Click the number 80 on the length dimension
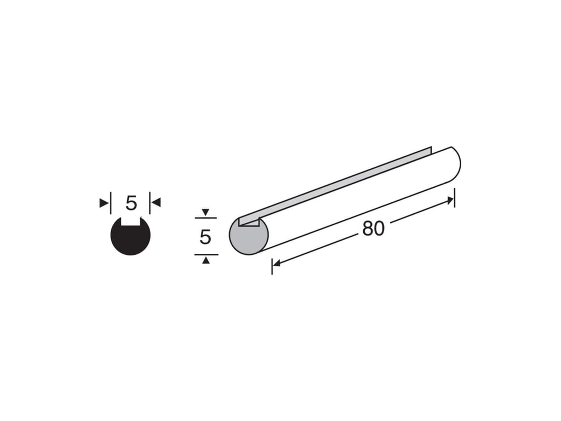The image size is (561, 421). point(373,229)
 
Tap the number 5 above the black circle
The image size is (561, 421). point(131,203)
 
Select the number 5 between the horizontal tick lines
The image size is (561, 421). point(205,237)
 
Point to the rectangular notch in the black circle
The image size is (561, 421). point(130,221)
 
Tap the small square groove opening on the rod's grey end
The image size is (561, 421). point(249,222)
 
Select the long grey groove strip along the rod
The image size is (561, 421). point(336,185)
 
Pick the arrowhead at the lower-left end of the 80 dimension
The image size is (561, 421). point(276,264)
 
